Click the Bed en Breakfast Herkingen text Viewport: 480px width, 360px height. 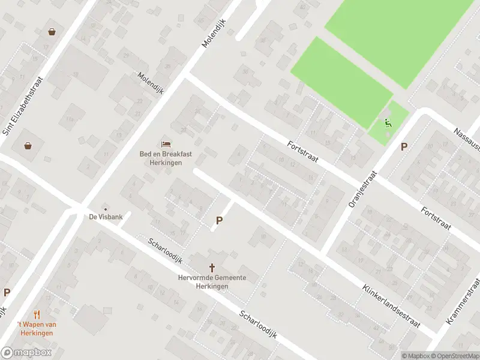click(166, 158)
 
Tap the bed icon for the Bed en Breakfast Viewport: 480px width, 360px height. click(166, 144)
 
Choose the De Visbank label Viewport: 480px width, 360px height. click(106, 217)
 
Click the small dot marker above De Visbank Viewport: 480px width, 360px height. click(106, 209)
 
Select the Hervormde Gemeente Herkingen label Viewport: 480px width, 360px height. click(212, 281)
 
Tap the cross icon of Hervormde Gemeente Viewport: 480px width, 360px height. click(212, 267)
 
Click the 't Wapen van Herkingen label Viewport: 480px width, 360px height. click(37, 328)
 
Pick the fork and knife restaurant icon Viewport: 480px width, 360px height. click(37, 314)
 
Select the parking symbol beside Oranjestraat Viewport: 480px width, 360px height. click(404, 146)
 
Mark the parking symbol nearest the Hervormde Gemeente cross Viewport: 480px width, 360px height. click(219, 221)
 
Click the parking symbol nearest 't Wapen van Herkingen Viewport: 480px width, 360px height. click(7, 293)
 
